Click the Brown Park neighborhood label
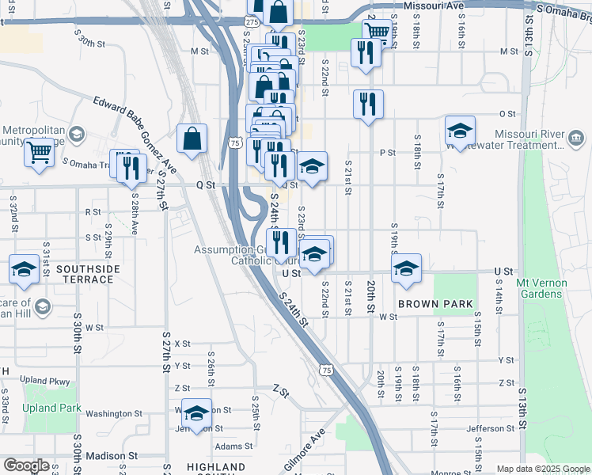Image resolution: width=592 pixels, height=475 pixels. point(435,304)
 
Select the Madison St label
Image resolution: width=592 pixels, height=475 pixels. point(112,456)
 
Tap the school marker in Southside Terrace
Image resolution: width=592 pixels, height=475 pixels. point(24,268)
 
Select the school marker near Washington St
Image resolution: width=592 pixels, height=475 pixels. point(196,412)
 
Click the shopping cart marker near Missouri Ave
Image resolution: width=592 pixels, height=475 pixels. point(378,32)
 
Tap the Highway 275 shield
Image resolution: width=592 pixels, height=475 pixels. point(251,24)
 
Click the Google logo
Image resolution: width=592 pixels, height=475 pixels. point(26,465)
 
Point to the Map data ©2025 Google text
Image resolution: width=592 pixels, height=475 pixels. point(542,469)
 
